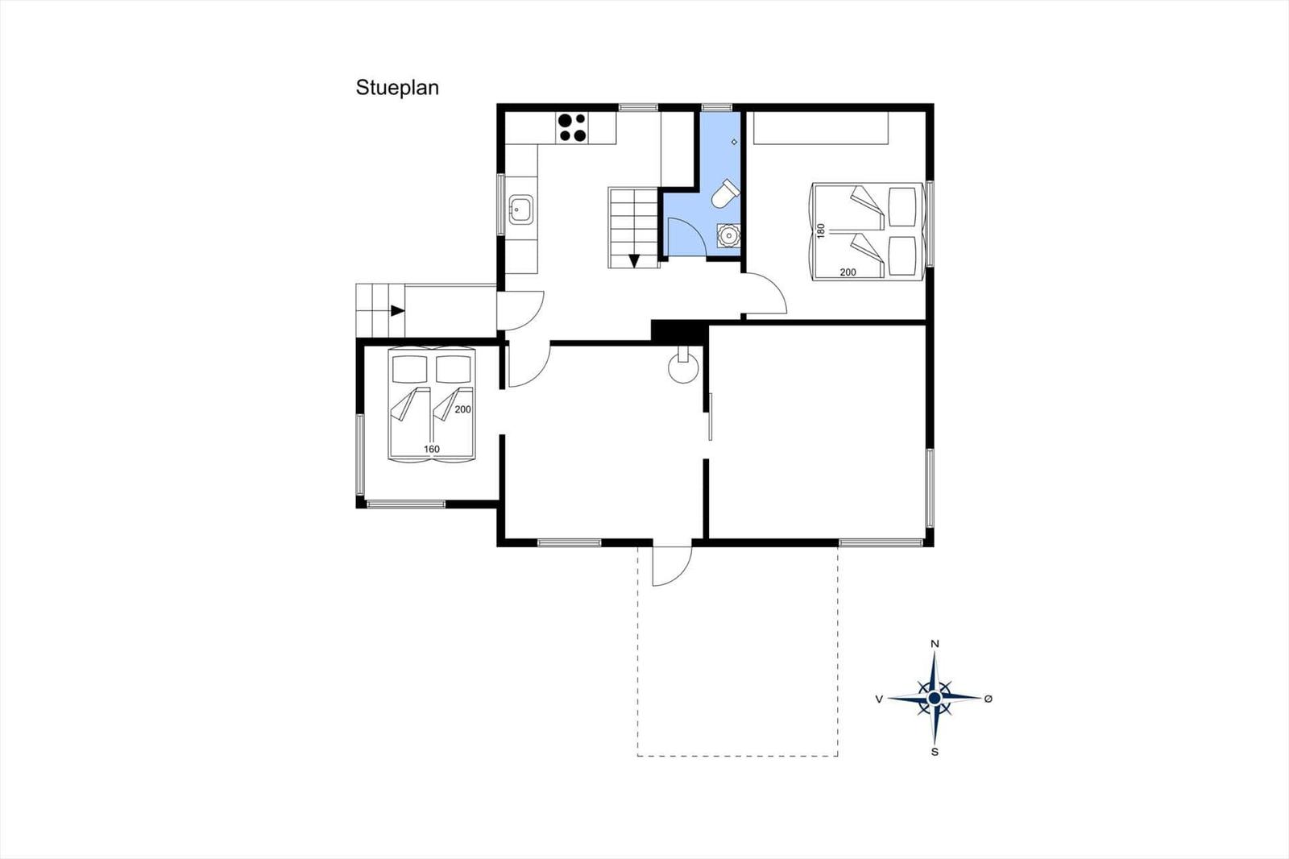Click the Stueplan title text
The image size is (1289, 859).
pyautogui.click(x=397, y=88)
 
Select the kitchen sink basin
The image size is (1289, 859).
pyautogui.click(x=520, y=210)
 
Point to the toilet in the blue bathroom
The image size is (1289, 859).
pyautogui.click(x=725, y=193)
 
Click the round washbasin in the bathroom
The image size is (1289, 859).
pyautogui.click(x=728, y=235)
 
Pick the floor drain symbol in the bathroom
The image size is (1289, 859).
pyautogui.click(x=734, y=142)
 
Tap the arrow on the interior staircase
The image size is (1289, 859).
pyautogui.click(x=634, y=261)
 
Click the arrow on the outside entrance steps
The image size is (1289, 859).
pyautogui.click(x=398, y=311)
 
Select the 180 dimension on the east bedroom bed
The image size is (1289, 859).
pyautogui.click(x=821, y=230)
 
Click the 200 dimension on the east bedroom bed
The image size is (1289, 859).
pyautogui.click(x=848, y=272)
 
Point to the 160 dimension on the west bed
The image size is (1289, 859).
pyautogui.click(x=432, y=449)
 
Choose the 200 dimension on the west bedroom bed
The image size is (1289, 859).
pyautogui.click(x=462, y=409)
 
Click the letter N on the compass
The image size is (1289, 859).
pyautogui.click(x=935, y=644)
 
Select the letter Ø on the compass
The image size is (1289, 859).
pyautogui.click(x=988, y=699)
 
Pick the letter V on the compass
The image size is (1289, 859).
pyautogui.click(x=879, y=699)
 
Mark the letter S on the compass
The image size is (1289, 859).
pyautogui.click(x=935, y=752)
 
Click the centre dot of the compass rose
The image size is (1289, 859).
pyautogui.click(x=935, y=699)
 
